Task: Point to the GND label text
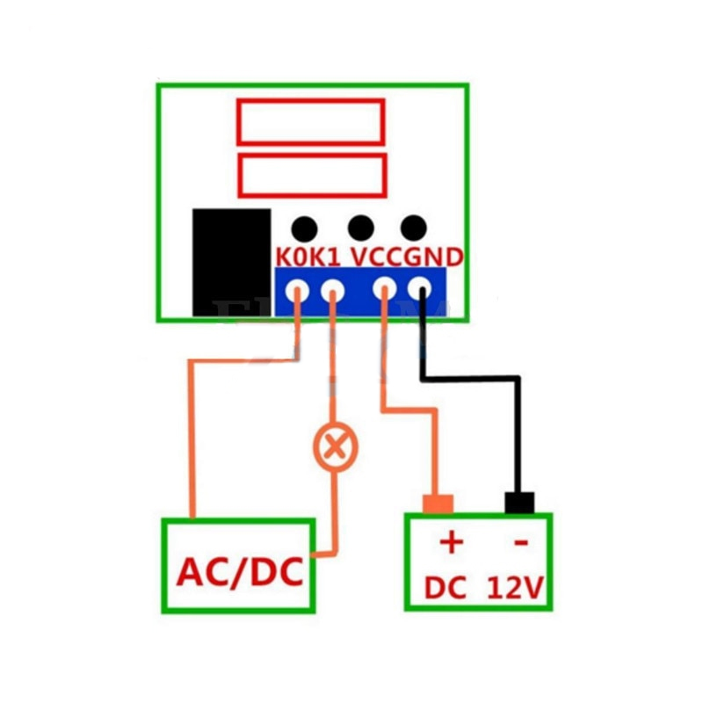(x=433, y=257)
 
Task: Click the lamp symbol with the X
(x=335, y=447)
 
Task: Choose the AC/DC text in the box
(x=239, y=572)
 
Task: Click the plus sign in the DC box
(x=450, y=541)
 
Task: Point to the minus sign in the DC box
(x=520, y=543)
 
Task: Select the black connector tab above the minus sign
(x=519, y=503)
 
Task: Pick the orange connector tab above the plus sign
(x=437, y=504)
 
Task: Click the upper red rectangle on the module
(x=310, y=121)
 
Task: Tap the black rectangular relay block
(x=231, y=261)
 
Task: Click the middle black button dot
(x=360, y=228)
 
